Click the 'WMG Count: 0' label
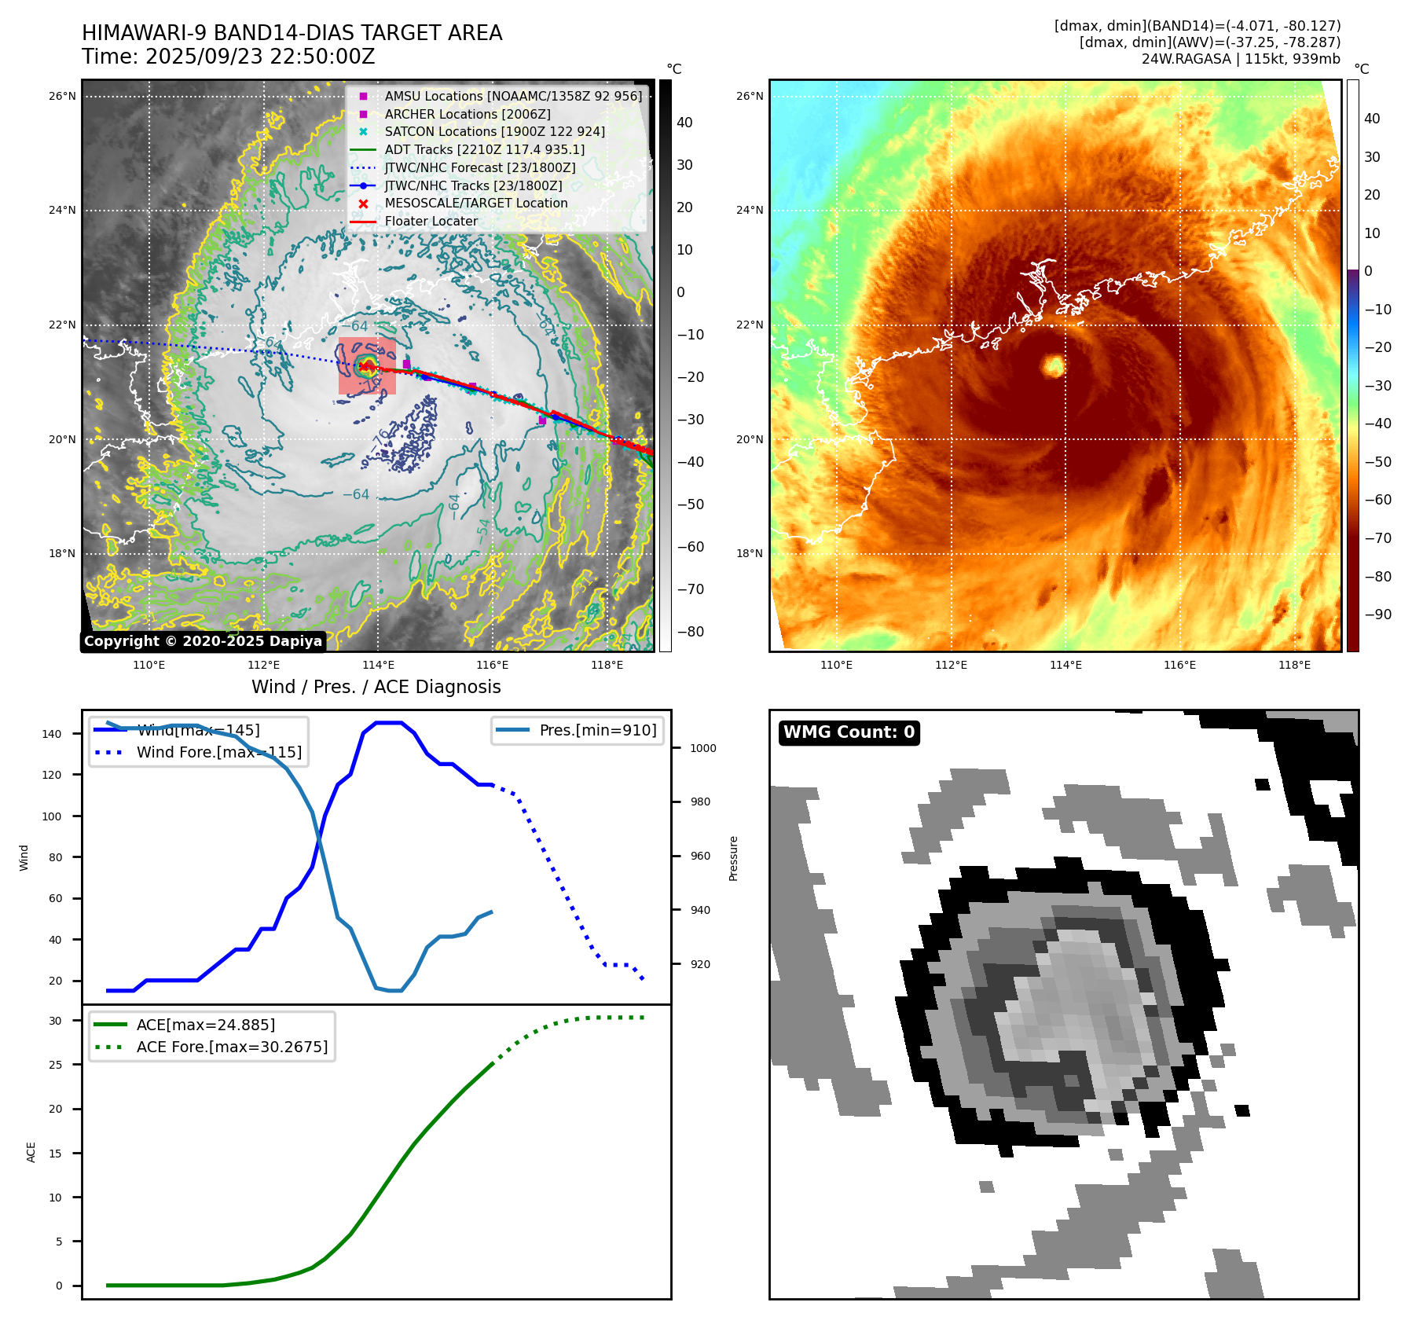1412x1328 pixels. tap(849, 732)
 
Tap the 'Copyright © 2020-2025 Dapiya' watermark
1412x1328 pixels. tap(203, 641)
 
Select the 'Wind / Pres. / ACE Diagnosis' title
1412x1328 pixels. tap(376, 687)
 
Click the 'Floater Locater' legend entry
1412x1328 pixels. tap(431, 222)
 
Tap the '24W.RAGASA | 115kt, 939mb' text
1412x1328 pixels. tap(1241, 59)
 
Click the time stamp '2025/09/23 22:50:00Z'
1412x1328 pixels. tap(260, 57)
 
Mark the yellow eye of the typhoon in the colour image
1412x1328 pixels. tap(1053, 365)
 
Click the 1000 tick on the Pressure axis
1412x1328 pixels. tap(702, 748)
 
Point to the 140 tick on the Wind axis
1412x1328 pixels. tap(52, 734)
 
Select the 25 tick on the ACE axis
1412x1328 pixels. tap(55, 1065)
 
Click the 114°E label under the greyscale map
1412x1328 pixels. tap(378, 666)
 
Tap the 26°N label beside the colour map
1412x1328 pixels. tap(749, 97)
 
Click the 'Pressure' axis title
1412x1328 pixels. tap(733, 858)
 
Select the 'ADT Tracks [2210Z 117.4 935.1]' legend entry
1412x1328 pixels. tap(484, 150)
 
